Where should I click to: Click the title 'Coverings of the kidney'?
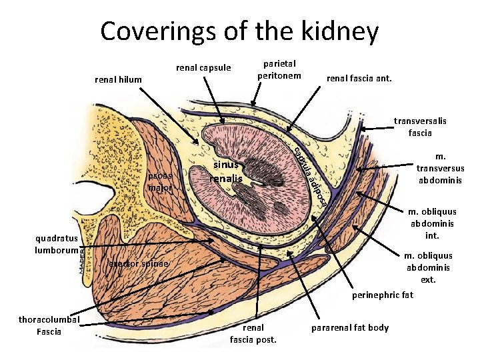point(239,31)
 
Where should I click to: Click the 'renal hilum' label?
point(119,80)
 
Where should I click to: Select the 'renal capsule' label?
point(203,67)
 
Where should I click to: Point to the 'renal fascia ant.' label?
point(359,79)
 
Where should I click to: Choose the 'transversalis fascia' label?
point(420,127)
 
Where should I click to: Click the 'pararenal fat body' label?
point(350,327)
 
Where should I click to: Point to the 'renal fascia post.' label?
point(253,333)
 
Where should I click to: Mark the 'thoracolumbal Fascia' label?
point(49,325)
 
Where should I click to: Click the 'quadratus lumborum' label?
point(57,244)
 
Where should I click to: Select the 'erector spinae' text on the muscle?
point(138,265)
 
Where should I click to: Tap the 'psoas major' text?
point(160,181)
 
